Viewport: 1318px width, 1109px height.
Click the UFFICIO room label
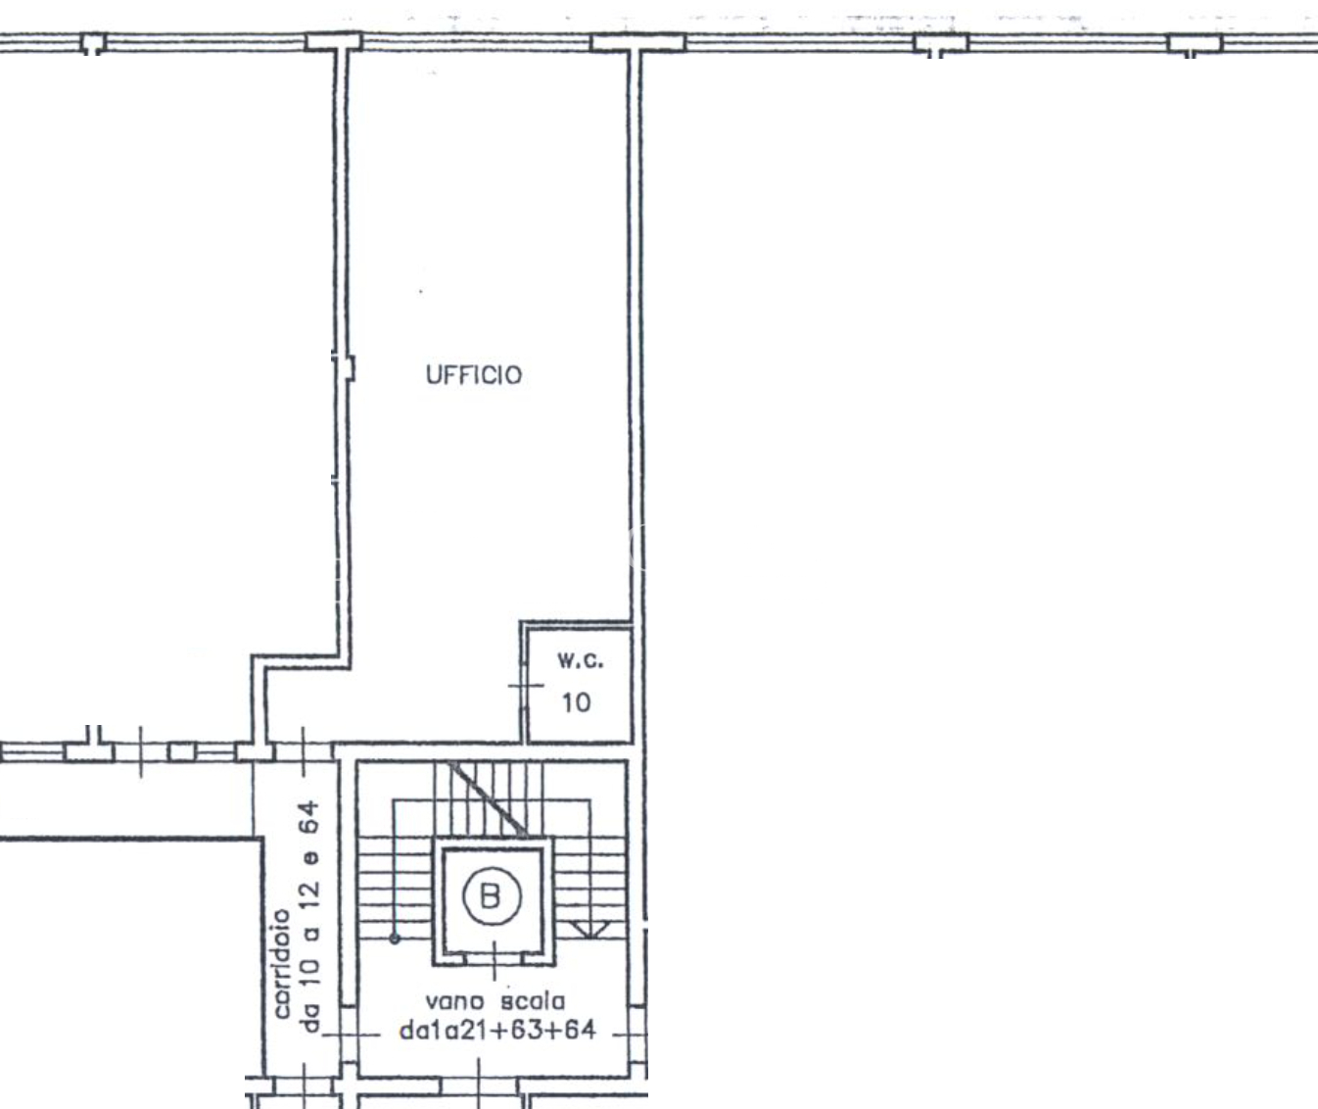[x=473, y=375]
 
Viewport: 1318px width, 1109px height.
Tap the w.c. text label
[x=580, y=660]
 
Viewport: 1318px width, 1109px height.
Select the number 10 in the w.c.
[x=576, y=702]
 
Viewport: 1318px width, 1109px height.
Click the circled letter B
[x=492, y=895]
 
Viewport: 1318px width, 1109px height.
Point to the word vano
[x=454, y=1001]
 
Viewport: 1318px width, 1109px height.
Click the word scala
[x=533, y=1001]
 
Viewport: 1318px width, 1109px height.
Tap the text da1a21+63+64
[x=497, y=1030]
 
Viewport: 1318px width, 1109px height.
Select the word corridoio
[x=282, y=963]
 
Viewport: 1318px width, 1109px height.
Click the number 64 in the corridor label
[x=309, y=818]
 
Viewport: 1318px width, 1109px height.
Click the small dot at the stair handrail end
[x=395, y=939]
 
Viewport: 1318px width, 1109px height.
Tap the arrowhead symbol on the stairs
[x=589, y=930]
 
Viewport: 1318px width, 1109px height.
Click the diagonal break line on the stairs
[x=488, y=799]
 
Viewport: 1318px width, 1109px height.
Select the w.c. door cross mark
[x=525, y=685]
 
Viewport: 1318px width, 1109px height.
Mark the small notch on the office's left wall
[x=349, y=368]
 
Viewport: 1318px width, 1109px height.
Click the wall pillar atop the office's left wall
[x=333, y=42]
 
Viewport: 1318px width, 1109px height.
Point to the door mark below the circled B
[x=494, y=960]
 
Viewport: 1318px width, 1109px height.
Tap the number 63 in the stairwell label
[x=525, y=1030]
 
